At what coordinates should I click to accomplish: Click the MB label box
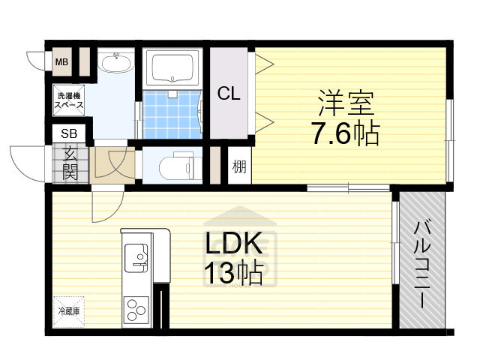point(61,62)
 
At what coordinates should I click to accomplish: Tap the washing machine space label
point(68,100)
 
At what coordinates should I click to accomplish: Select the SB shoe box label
point(68,133)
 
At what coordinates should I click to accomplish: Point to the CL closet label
point(229,94)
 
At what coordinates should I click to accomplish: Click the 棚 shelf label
point(238,166)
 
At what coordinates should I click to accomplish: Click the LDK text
point(233,244)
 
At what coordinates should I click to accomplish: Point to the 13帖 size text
point(233,274)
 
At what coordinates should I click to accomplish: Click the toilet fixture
point(177,164)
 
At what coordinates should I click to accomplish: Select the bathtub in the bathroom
point(173,69)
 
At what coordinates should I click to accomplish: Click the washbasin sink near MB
point(116,64)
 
